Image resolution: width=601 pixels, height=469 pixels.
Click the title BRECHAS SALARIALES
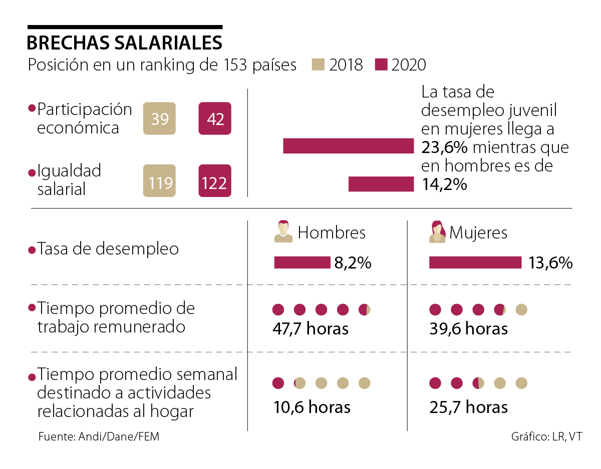point(124,43)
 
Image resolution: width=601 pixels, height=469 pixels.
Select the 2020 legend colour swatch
point(381,64)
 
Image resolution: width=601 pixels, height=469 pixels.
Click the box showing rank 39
point(159,118)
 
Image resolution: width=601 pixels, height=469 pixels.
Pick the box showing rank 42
point(215,118)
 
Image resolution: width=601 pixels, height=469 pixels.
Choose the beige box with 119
point(159,181)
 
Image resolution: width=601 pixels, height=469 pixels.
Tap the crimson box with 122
point(215,181)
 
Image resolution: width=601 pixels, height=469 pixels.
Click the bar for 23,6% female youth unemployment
point(348,146)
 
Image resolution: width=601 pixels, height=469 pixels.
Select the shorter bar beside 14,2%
point(381,184)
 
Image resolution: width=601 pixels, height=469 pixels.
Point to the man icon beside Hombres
point(283,231)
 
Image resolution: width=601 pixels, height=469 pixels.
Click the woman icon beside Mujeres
point(437,231)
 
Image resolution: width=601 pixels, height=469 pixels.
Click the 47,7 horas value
point(311,328)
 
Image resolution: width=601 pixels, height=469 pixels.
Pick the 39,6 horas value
point(468,328)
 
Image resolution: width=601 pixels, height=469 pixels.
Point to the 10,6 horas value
point(312,407)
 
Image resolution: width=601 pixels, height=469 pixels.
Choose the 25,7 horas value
point(468,407)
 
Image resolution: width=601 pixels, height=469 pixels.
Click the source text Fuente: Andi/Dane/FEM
point(99,436)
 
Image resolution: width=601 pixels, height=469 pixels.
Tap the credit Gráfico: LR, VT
point(546,436)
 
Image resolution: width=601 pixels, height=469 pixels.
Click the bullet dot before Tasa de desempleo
point(32,249)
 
